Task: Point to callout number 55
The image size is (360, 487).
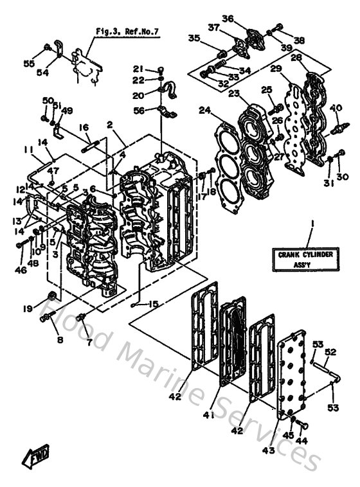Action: click(x=28, y=64)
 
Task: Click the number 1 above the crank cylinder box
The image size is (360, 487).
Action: click(x=311, y=224)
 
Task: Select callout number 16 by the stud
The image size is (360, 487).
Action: click(x=83, y=128)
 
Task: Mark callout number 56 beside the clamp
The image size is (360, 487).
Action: click(x=139, y=111)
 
